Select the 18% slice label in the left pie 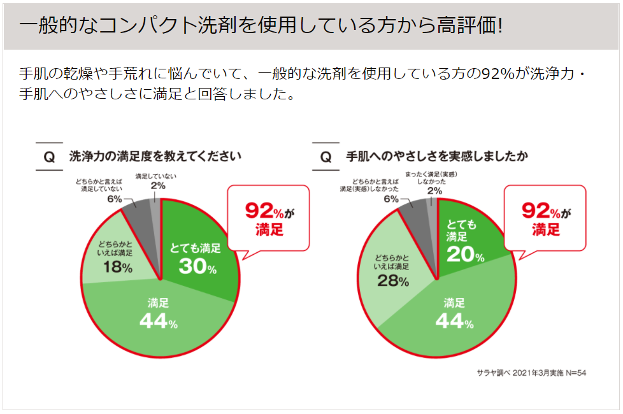pos(117,268)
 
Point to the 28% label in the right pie pos(392,280)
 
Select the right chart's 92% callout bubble pos(546,218)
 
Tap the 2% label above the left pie pos(158,186)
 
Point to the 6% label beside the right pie pos(390,199)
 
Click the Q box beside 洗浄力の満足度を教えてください pos(49,157)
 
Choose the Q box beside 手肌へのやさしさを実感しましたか pos(326,157)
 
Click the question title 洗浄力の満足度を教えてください pos(155,156)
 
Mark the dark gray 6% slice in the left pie pos(138,211)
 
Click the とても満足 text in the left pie pos(195,248)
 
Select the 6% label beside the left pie pos(115,199)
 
